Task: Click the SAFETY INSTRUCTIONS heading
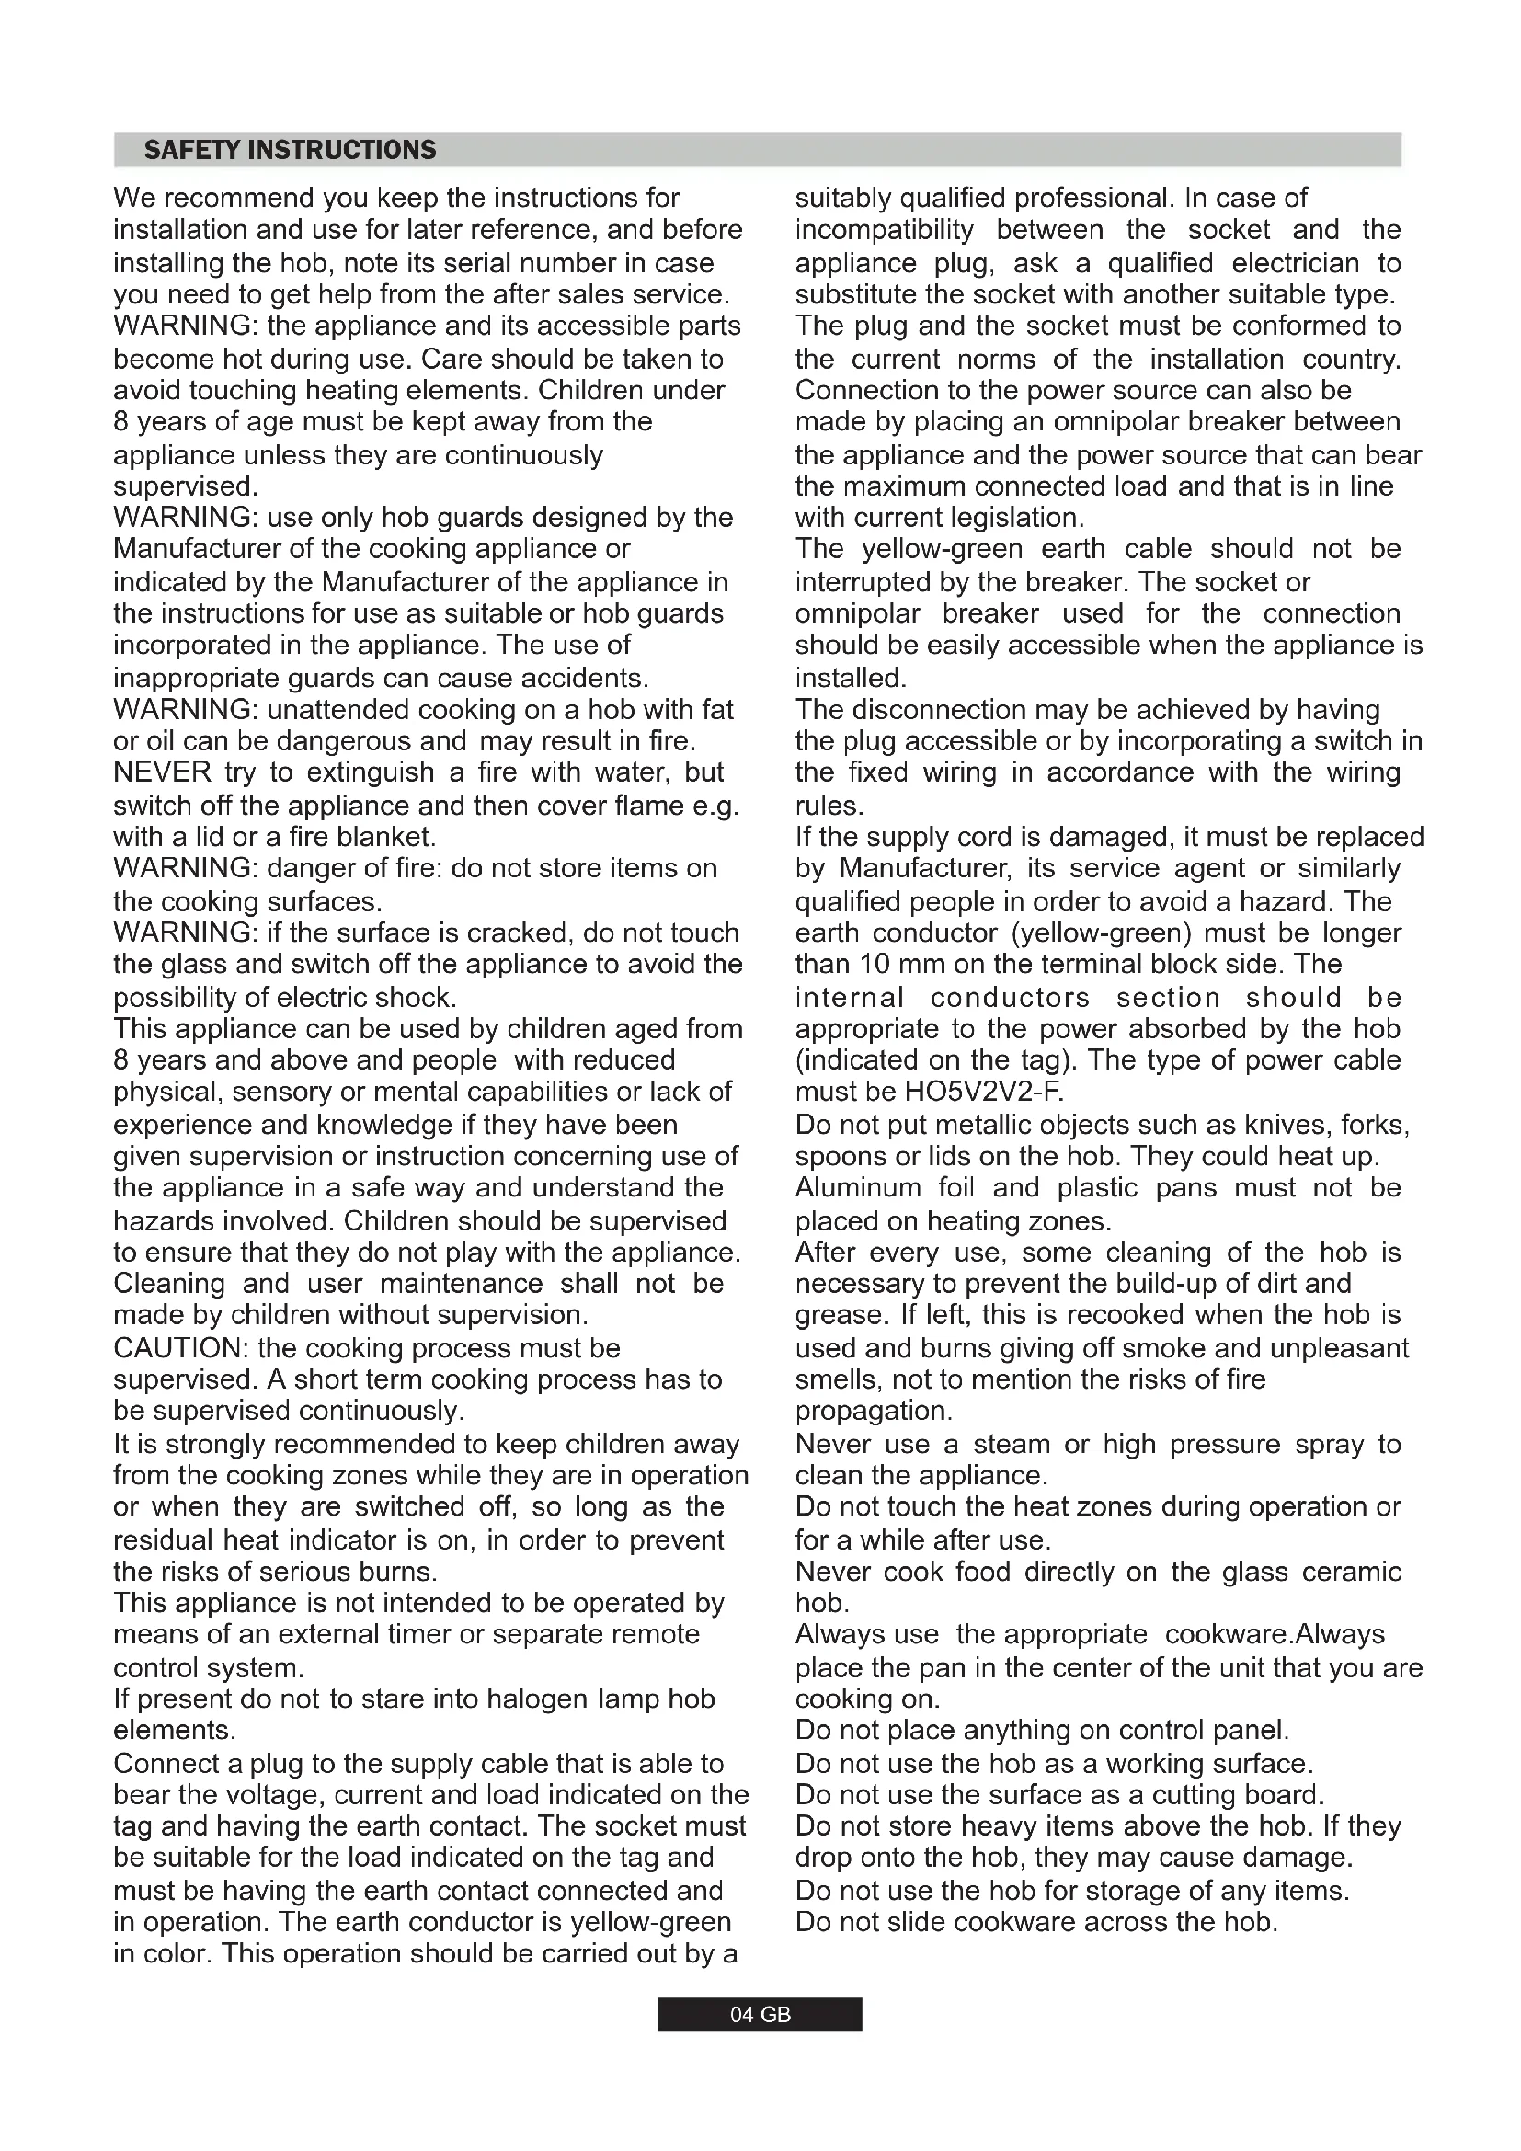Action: click(290, 151)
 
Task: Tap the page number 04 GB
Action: click(760, 2014)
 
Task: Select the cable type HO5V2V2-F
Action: click(984, 1093)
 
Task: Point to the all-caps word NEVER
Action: click(162, 772)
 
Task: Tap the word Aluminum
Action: click(858, 1188)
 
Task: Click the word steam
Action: click(1012, 1445)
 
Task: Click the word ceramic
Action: click(1358, 1572)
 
